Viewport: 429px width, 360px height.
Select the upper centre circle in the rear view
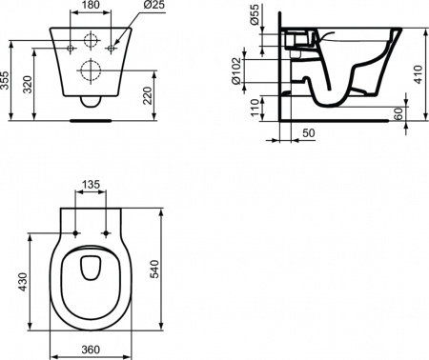92,42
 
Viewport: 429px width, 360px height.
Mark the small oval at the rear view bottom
92,103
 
